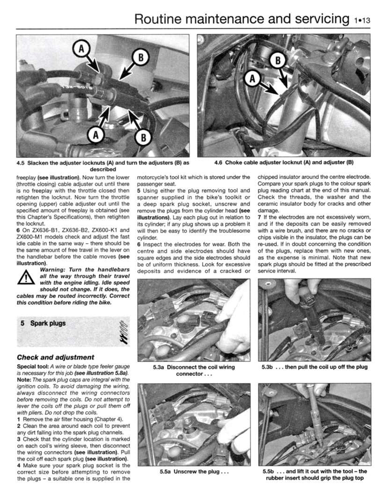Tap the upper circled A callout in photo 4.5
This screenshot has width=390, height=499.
pos(81,48)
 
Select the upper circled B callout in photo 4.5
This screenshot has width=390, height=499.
pos(140,58)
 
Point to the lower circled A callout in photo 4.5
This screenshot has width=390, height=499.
pos(96,134)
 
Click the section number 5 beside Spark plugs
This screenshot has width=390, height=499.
pos(22,323)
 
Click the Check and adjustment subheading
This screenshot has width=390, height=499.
pos(55,357)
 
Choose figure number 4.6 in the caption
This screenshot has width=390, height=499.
pos(219,163)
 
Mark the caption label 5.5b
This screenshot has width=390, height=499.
pos(269,471)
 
